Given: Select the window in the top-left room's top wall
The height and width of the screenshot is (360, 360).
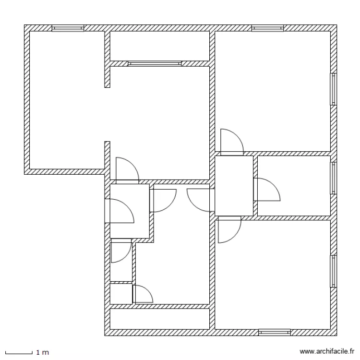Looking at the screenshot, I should [68, 28].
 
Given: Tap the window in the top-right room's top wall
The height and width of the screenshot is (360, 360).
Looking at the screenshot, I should [267, 28].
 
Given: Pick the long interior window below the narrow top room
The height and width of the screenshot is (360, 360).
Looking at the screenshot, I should [155, 63].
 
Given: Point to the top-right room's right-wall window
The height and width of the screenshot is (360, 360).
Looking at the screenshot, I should [333, 89].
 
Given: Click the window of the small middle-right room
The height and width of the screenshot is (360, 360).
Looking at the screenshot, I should [333, 178].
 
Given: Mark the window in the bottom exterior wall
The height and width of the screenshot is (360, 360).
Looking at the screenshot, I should [275, 332].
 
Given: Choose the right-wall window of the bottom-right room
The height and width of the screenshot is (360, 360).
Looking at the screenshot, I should [333, 271].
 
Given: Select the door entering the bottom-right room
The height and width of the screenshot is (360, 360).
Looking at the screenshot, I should [229, 229].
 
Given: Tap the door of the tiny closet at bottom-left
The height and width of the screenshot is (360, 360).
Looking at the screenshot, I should [142, 294].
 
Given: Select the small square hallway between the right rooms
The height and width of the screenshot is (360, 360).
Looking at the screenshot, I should [234, 185].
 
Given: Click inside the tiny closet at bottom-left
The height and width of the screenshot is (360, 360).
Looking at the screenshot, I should [120, 294].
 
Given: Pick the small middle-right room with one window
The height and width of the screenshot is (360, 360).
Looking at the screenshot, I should [294, 185].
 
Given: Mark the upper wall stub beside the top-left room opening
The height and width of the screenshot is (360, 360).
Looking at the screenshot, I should [108, 60].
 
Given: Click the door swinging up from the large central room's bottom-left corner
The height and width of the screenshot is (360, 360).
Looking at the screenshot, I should [127, 169].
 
